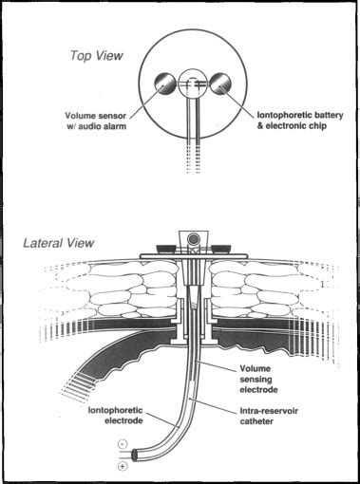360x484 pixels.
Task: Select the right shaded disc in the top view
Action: tap(223, 84)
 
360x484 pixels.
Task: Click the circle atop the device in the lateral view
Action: tap(194, 237)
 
